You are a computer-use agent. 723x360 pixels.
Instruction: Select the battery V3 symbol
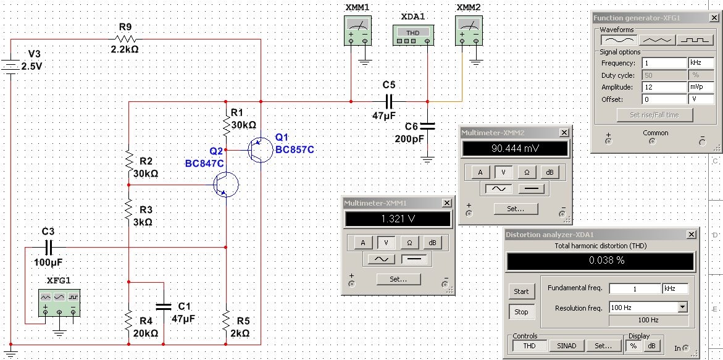coord(11,65)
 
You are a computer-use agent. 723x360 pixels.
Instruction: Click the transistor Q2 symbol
coord(225,184)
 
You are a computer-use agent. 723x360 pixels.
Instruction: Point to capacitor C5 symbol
coord(389,101)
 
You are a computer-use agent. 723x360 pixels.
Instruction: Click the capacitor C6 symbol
coord(427,125)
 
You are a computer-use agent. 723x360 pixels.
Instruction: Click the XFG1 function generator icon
coord(59,303)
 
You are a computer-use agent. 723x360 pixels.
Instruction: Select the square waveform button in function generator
coord(695,40)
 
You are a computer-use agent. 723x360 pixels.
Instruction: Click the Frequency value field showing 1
coord(664,63)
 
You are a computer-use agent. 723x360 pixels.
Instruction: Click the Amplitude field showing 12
coord(664,87)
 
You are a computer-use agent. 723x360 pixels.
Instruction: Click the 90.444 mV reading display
coord(515,149)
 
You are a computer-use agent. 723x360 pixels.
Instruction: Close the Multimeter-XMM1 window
coord(446,203)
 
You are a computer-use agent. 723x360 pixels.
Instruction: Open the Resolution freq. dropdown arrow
coord(682,307)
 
